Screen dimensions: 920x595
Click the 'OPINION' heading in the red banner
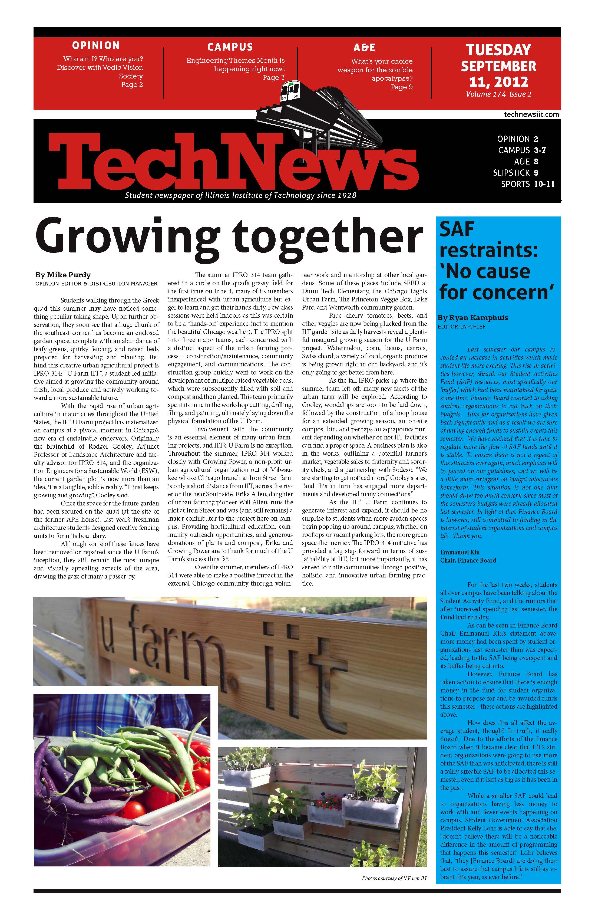click(96, 46)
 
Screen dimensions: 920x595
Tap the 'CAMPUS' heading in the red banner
click(230, 47)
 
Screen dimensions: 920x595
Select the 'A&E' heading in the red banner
click(364, 48)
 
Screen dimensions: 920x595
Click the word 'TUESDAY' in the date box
click(498, 50)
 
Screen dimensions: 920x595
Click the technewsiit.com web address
click(531, 114)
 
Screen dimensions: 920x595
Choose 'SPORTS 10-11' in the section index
click(527, 184)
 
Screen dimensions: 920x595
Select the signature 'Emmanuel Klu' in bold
click(460, 552)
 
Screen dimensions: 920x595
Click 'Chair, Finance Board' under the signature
click(468, 560)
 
